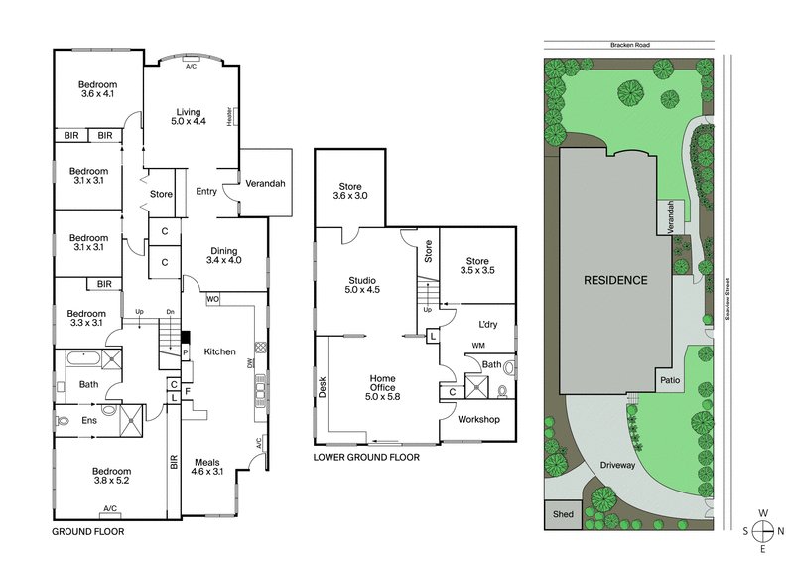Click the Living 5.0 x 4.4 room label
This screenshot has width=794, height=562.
(190, 117)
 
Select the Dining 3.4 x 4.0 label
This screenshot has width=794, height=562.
(224, 255)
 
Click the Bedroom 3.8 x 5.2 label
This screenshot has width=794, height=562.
(111, 476)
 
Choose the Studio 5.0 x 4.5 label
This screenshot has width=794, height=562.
(363, 284)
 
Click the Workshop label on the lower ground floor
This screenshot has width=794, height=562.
(478, 419)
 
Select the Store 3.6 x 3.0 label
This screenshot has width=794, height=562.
(350, 191)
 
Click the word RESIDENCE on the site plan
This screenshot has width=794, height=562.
(615, 280)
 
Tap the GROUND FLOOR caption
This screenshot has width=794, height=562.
(87, 532)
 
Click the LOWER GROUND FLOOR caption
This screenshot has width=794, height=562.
(366, 458)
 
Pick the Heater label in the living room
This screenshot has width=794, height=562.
(229, 117)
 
